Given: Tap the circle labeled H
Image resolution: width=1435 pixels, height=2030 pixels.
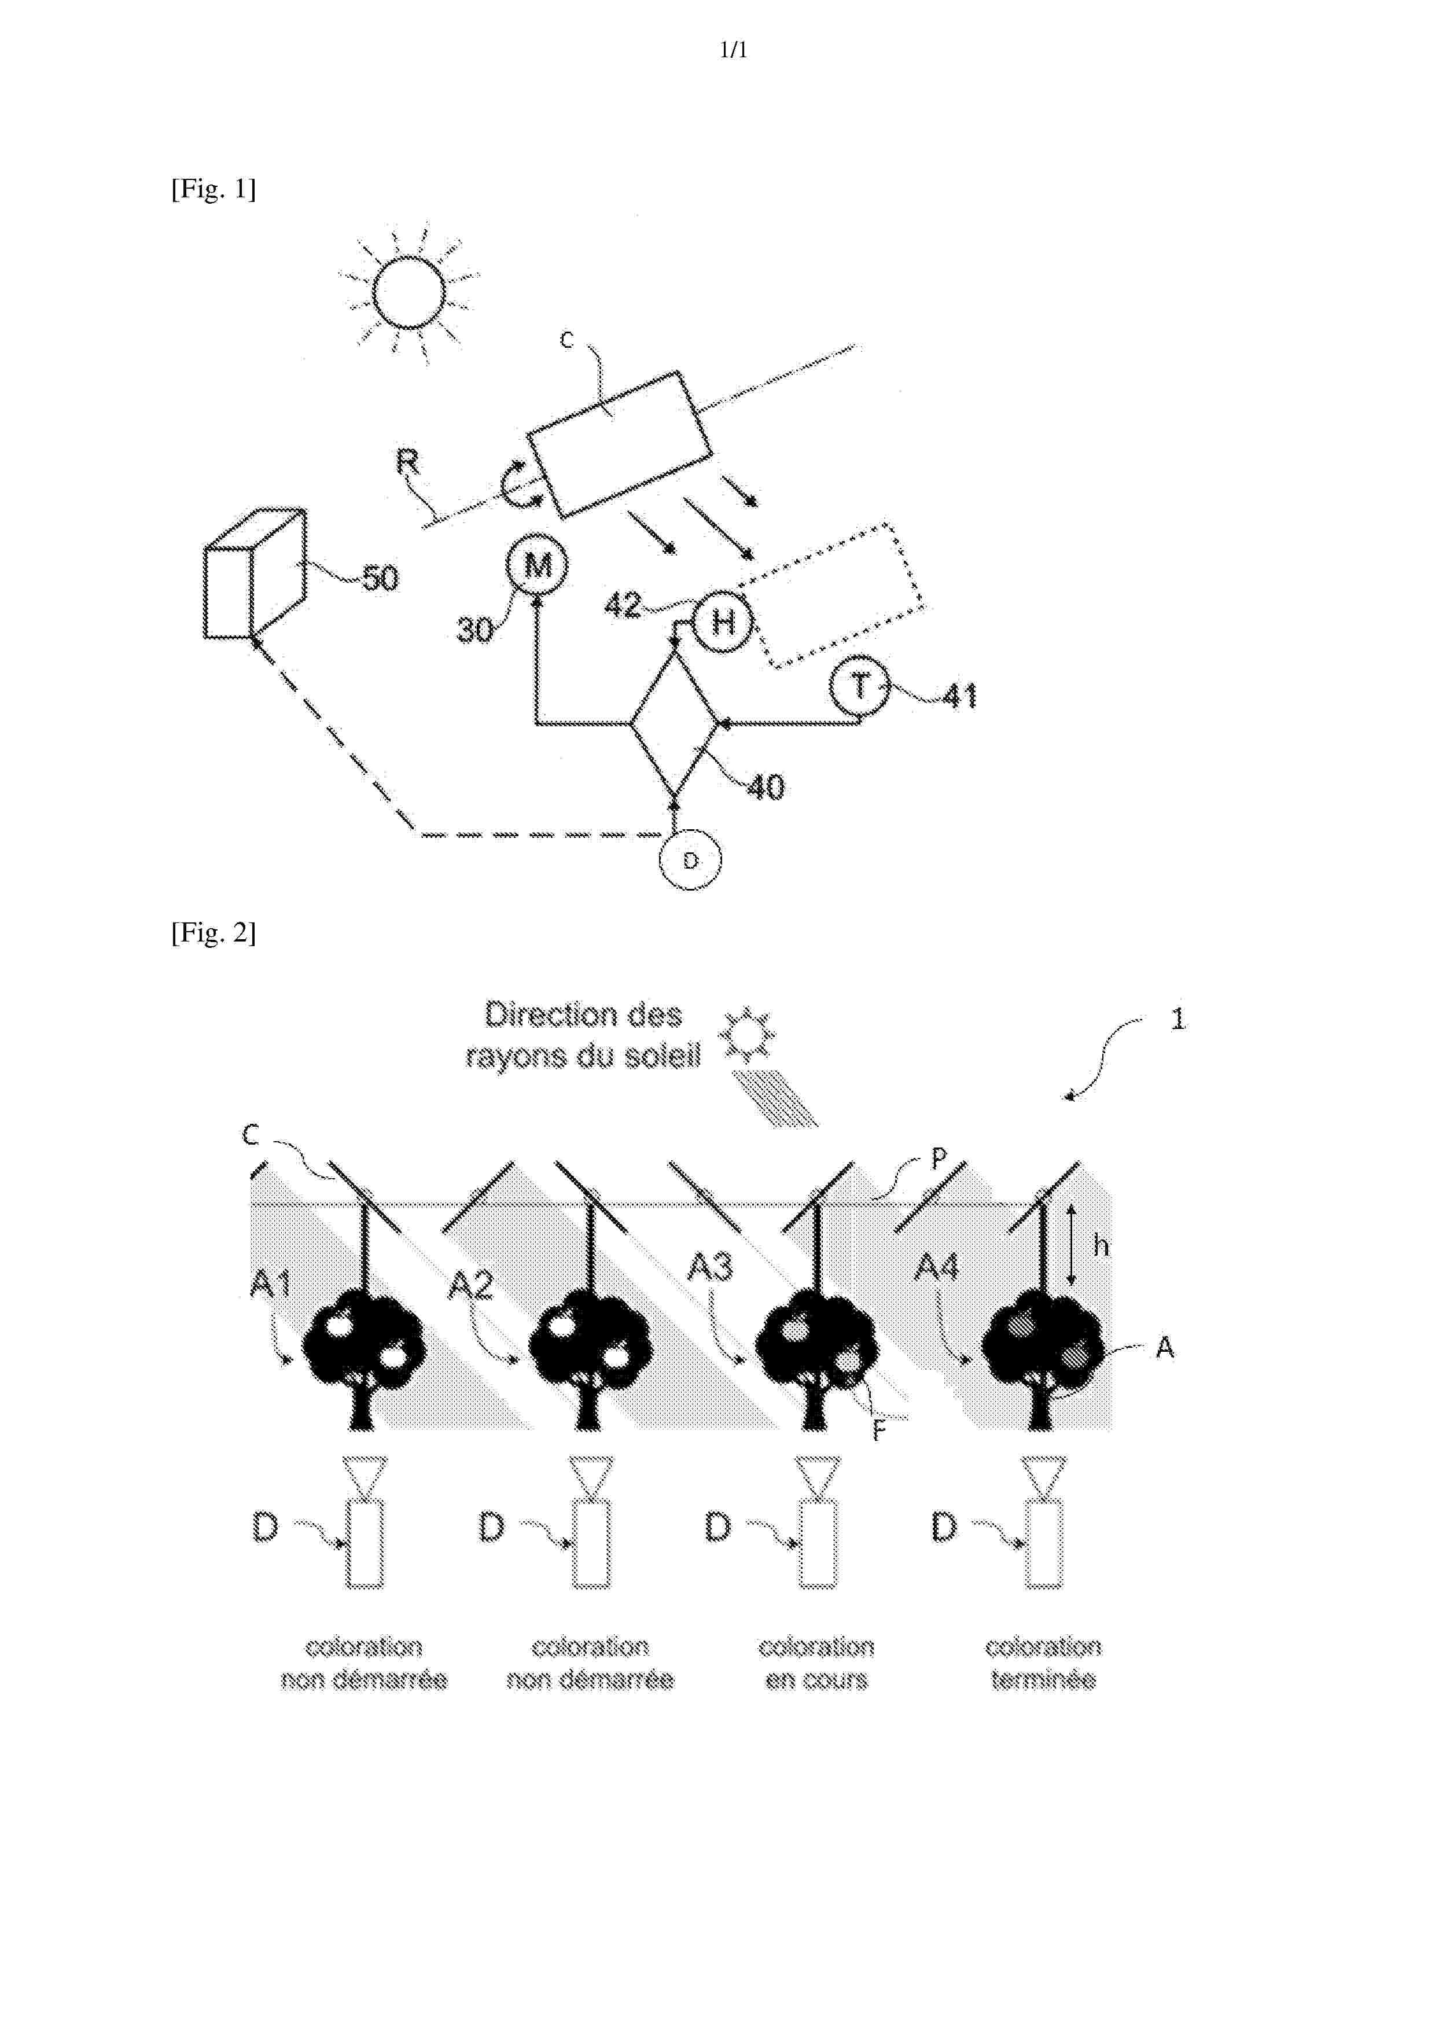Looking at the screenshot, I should (x=722, y=623).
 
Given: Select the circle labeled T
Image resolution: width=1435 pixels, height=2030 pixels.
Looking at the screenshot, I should (x=859, y=685).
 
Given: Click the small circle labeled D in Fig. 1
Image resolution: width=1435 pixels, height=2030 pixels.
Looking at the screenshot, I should (x=690, y=859).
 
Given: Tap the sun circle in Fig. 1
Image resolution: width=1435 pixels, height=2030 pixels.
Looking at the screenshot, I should (x=409, y=293).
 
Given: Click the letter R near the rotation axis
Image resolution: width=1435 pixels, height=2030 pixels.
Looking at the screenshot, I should (x=407, y=462).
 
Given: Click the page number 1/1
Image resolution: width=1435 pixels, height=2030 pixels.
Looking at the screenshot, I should (x=733, y=50).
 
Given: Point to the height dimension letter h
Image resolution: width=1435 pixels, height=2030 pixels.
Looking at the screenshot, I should (x=1101, y=1246).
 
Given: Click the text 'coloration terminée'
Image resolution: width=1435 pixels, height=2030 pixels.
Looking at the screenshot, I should (x=1043, y=1662).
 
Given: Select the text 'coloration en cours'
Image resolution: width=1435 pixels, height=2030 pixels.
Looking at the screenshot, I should (x=816, y=1662).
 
